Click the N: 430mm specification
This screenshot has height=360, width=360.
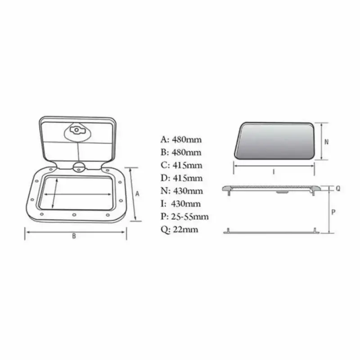181,191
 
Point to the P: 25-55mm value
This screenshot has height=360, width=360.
184,217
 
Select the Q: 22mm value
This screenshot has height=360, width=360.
179,230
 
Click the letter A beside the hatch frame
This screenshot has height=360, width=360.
138,194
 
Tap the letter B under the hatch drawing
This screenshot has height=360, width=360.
74,237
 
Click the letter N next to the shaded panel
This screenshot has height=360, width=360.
327,141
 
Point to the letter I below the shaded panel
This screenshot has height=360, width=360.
274,171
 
